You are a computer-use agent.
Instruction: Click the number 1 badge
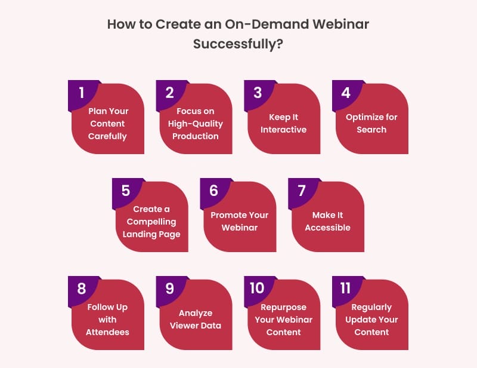(82, 93)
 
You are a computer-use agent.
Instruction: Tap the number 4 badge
(346, 93)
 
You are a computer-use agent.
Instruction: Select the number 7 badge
(302, 191)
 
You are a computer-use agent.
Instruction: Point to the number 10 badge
(257, 289)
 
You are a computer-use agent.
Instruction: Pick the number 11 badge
(345, 289)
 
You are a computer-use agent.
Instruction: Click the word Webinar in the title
(336, 26)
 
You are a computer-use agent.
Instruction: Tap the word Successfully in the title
(232, 45)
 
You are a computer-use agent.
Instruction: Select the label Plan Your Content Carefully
(107, 124)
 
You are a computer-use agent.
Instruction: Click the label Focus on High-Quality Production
(196, 124)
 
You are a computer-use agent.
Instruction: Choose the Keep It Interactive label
(283, 124)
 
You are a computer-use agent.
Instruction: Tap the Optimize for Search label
(371, 124)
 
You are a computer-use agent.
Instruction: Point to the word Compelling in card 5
(151, 222)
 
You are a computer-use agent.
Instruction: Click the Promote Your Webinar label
(240, 222)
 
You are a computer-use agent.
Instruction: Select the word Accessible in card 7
(327, 228)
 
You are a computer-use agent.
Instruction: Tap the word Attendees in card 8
(107, 332)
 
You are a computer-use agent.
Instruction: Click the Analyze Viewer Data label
(196, 320)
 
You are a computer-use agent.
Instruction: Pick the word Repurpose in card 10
(283, 307)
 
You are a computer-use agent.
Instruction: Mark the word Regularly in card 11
(371, 307)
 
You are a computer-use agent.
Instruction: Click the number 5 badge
(125, 191)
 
